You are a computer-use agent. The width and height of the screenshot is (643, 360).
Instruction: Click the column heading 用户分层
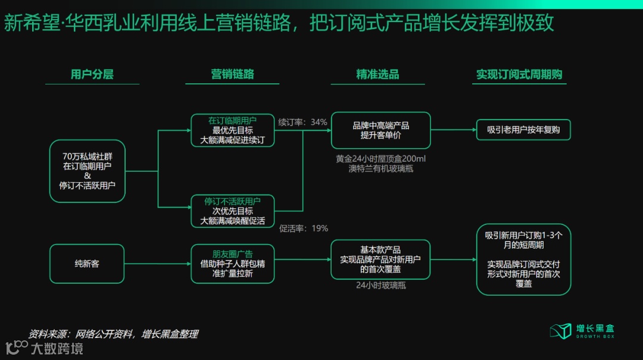[x=92, y=74]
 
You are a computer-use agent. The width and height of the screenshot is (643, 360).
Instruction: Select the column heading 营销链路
[x=232, y=74]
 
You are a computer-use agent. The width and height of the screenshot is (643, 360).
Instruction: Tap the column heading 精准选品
[x=377, y=74]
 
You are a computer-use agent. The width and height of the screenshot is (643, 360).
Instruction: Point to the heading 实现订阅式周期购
[x=519, y=74]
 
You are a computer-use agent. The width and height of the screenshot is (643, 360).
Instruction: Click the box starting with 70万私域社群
[x=88, y=171]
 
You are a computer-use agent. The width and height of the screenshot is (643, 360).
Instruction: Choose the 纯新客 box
[x=87, y=263]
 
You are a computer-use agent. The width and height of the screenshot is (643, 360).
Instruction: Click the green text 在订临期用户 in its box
[x=232, y=120]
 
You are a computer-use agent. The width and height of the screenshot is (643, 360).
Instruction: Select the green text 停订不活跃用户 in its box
[x=232, y=201]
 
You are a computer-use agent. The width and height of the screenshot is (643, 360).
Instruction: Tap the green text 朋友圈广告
[x=232, y=253]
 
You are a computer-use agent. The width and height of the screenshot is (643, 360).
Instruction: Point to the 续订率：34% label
[x=302, y=122]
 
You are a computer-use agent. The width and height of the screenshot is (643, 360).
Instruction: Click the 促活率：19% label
[x=304, y=228]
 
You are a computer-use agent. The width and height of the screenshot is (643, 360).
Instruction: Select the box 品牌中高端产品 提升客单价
[x=380, y=130]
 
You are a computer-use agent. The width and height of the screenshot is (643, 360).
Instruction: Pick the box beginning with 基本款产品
[x=380, y=259]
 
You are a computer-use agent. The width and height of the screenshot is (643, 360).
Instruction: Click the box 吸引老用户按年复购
[x=523, y=130]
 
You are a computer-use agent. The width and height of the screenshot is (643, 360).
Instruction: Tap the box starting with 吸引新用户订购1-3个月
[x=523, y=259]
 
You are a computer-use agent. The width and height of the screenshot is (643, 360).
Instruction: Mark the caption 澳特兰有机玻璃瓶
[x=380, y=168]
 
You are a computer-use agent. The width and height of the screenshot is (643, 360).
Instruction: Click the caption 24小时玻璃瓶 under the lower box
[x=380, y=286]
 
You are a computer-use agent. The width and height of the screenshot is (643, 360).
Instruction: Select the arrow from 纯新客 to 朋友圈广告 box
[x=157, y=263]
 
